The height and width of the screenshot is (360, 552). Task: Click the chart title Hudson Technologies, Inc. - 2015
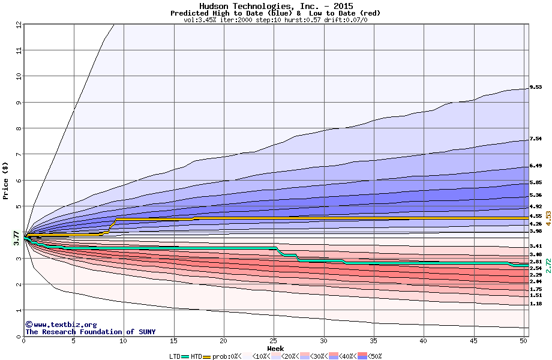pos(275,6)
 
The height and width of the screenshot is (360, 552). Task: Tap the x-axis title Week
pos(275,349)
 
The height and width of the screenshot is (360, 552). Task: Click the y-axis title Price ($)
pos(5,180)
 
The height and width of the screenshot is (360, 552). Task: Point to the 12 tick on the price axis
pos(19,24)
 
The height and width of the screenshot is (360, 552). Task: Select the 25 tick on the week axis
pos(274,341)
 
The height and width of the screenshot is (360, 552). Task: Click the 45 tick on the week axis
pos(473,341)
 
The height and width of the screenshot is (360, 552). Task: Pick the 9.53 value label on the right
pos(536,87)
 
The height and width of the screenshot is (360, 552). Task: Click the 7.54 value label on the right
pos(536,139)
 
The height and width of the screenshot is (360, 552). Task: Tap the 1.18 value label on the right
pos(536,304)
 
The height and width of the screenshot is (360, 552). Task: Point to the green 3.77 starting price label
pos(17,238)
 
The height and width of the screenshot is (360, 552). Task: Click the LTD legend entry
pos(175,356)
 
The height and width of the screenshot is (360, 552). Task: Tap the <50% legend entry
pos(373,356)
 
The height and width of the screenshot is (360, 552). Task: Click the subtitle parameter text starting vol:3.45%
pos(275,20)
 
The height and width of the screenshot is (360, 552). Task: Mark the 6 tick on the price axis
pos(19,180)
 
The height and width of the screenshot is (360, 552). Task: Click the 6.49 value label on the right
pos(536,166)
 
